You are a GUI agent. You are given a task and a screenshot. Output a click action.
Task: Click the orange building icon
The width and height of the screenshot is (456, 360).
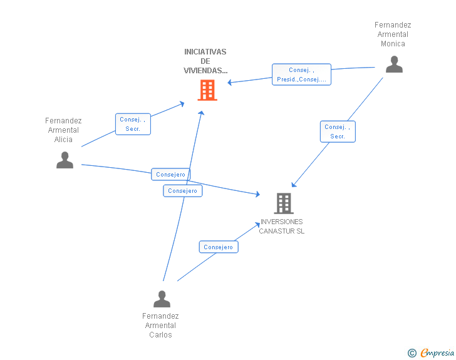point(207,90)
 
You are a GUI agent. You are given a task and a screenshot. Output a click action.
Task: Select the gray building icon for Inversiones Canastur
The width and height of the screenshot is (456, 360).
point(284,203)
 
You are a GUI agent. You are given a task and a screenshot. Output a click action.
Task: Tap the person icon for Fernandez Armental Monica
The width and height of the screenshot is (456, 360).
point(394,64)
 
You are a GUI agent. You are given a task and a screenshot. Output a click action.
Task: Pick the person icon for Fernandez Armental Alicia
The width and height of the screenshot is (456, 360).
point(65,160)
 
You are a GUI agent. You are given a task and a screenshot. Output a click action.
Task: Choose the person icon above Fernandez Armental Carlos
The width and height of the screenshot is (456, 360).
point(162,299)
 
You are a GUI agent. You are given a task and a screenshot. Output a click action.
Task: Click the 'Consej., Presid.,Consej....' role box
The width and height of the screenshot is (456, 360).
point(301,75)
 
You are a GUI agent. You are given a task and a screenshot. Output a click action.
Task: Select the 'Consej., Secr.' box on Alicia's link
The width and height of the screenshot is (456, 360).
point(133,124)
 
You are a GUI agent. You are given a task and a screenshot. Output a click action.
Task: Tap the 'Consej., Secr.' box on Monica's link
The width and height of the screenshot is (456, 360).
point(338,131)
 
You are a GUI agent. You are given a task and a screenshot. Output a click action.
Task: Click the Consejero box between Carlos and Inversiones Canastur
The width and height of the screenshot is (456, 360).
point(219,247)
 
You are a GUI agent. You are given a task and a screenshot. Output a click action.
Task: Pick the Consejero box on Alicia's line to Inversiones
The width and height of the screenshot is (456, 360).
point(171,174)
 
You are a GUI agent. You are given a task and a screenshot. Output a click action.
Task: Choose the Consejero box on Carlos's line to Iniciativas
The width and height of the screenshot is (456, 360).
point(183,191)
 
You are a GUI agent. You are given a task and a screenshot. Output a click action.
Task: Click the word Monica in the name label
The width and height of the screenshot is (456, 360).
point(393,44)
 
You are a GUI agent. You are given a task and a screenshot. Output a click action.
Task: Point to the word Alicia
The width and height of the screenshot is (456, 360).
point(63,140)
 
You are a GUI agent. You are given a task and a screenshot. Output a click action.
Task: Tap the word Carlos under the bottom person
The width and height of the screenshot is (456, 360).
point(160,335)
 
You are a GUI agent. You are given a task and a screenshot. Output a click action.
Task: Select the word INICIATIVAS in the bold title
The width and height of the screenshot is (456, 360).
point(205,52)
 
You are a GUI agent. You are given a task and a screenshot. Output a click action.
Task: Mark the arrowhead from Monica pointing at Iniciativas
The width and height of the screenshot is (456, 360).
point(229,83)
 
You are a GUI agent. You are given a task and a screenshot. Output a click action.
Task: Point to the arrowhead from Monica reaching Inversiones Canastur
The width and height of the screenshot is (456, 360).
point(294,185)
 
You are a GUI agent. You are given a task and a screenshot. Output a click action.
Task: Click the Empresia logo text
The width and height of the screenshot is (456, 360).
point(437,352)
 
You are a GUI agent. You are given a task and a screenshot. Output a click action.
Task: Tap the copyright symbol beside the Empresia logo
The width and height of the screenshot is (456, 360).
point(412,353)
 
